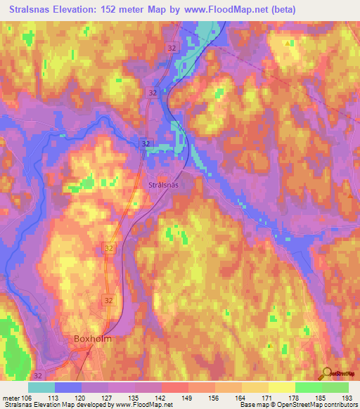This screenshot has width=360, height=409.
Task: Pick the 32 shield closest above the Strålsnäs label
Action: (x=144, y=143)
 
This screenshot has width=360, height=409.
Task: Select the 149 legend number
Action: (x=188, y=397)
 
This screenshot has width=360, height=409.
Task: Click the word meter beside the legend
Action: (x=11, y=397)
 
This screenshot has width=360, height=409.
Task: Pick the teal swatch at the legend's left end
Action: (x=41, y=387)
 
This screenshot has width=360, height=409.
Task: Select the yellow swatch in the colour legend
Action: (x=281, y=387)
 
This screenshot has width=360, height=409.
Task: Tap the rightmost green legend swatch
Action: (x=335, y=387)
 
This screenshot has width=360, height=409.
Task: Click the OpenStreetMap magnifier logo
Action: (x=326, y=373)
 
